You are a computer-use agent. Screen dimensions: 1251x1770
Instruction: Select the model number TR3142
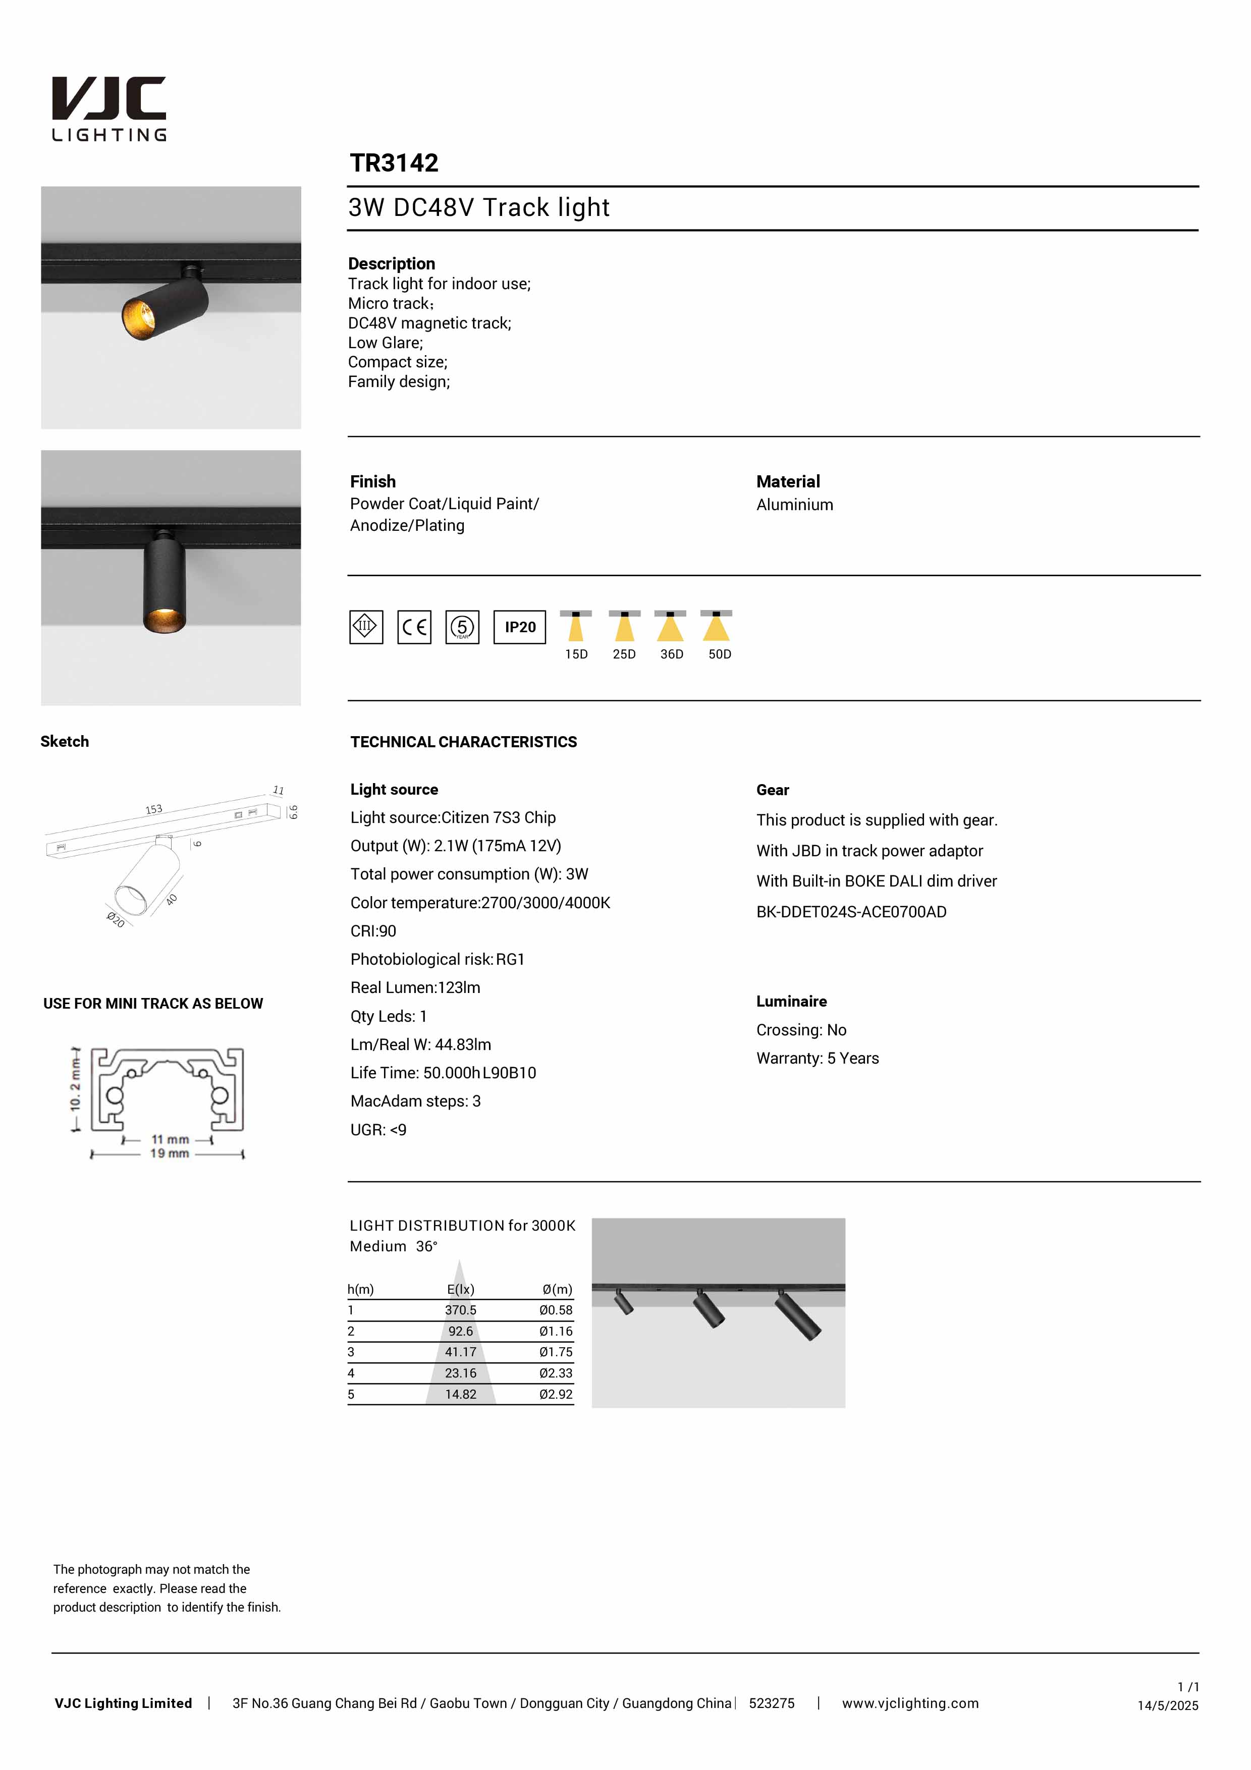(394, 163)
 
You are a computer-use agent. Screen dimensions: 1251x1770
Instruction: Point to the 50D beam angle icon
(717, 626)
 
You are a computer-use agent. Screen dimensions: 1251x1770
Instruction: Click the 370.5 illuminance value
(460, 1310)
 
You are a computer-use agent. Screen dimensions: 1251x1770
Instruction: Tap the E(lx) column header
(460, 1289)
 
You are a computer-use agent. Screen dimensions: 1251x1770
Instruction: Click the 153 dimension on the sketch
(154, 809)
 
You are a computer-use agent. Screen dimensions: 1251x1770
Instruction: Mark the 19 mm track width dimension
(169, 1153)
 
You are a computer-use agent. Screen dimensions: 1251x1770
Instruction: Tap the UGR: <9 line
(378, 1130)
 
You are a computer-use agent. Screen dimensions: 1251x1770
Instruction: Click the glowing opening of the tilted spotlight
(138, 317)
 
